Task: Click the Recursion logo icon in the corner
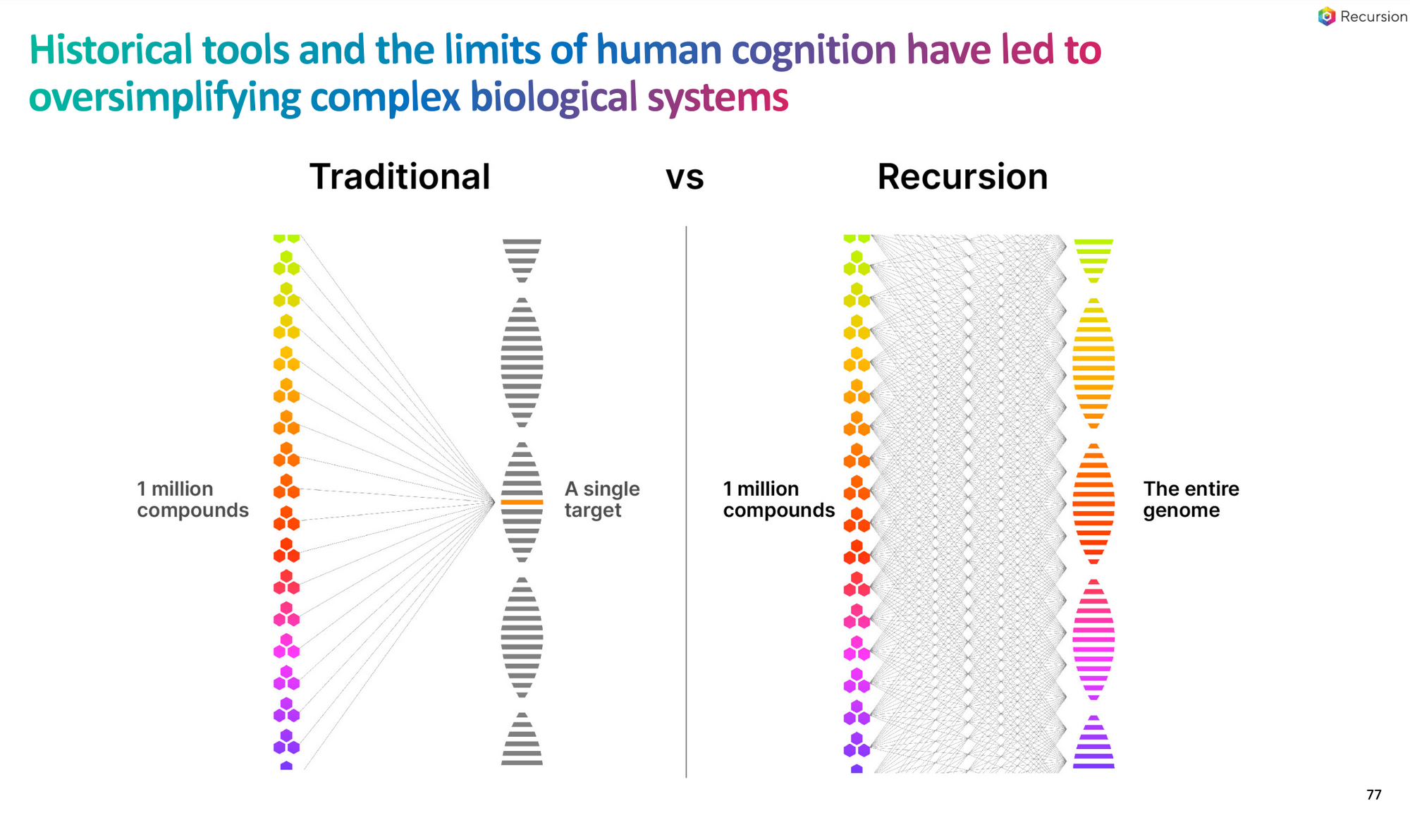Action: coord(1326,16)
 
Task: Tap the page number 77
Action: coord(1373,795)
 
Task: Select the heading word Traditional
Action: coord(400,176)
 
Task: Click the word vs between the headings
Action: coord(685,178)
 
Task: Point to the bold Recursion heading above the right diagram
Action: coord(962,176)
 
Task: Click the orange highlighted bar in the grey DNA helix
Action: coord(522,502)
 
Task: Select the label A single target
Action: coord(602,499)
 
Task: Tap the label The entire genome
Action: coord(1191,499)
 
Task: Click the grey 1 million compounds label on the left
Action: coord(192,499)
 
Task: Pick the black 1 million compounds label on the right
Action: coord(778,499)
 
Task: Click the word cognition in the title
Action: coord(814,51)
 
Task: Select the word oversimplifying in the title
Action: coord(165,97)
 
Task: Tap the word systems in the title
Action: coord(718,98)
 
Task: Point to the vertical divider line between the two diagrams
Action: coord(686,502)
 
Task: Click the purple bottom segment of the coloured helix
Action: coord(1093,742)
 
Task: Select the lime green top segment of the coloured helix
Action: coord(1093,261)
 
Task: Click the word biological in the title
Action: coord(553,97)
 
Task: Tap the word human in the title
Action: coord(658,51)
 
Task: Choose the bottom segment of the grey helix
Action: coord(522,739)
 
